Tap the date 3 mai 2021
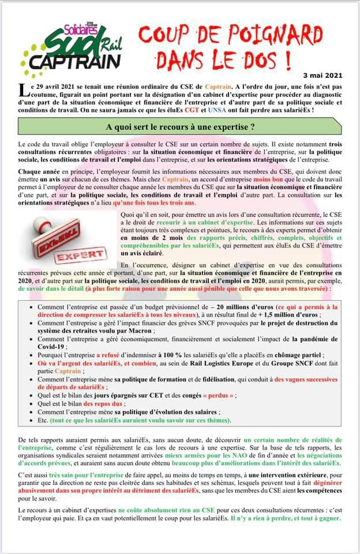coord(335,75)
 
